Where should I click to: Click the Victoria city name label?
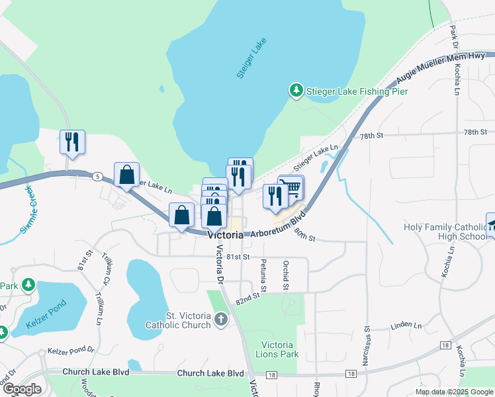tap(225, 235)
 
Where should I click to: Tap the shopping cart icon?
tap(292, 188)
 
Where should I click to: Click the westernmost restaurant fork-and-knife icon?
tap(73, 142)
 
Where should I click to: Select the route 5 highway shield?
tap(97, 176)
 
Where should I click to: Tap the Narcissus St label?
tap(366, 345)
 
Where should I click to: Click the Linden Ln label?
tap(406, 326)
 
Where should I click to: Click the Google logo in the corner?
tap(22, 389)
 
